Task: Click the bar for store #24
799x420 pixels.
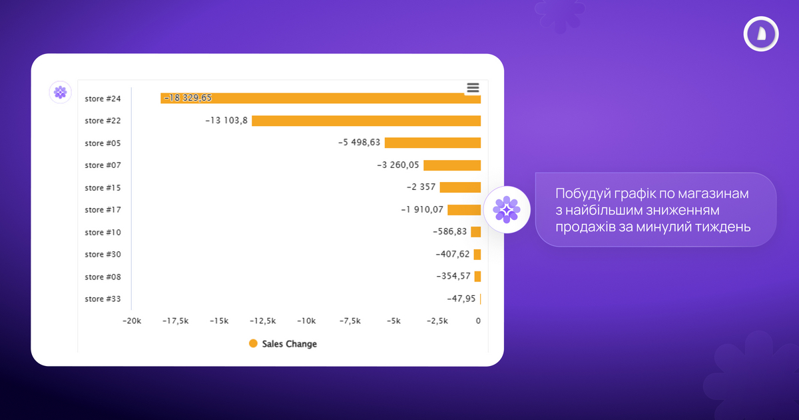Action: point(333,99)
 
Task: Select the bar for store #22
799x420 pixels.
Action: point(366,121)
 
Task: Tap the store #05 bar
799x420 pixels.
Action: point(432,143)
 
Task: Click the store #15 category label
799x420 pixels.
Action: point(103,187)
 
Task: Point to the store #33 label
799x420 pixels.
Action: point(103,299)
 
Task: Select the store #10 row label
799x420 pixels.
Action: point(103,232)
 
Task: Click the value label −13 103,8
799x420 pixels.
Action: point(226,121)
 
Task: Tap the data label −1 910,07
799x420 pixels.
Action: point(421,209)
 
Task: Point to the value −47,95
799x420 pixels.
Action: point(461,299)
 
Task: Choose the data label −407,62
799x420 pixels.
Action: point(453,254)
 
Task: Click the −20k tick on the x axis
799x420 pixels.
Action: point(132,321)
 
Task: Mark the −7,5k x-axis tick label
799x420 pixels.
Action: point(350,321)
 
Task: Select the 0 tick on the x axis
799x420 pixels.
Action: point(478,321)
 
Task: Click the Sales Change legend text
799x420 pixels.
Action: point(289,344)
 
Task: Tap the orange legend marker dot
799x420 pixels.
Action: point(253,343)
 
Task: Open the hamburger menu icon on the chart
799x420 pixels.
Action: point(473,88)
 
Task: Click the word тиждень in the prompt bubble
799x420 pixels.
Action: point(723,227)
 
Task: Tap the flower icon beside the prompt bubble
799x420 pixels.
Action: point(506,210)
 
